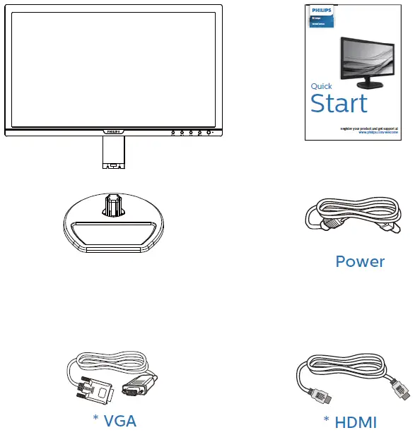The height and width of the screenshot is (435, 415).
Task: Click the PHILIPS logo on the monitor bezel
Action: click(x=113, y=131)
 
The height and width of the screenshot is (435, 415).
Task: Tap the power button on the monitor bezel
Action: click(x=210, y=131)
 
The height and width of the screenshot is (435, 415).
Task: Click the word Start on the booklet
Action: click(x=339, y=103)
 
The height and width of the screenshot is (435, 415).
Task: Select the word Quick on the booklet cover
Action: click(x=322, y=86)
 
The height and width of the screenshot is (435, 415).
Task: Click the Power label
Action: click(x=360, y=262)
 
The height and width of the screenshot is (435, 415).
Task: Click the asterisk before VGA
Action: click(x=96, y=418)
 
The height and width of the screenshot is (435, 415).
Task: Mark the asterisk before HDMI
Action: click(x=327, y=419)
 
